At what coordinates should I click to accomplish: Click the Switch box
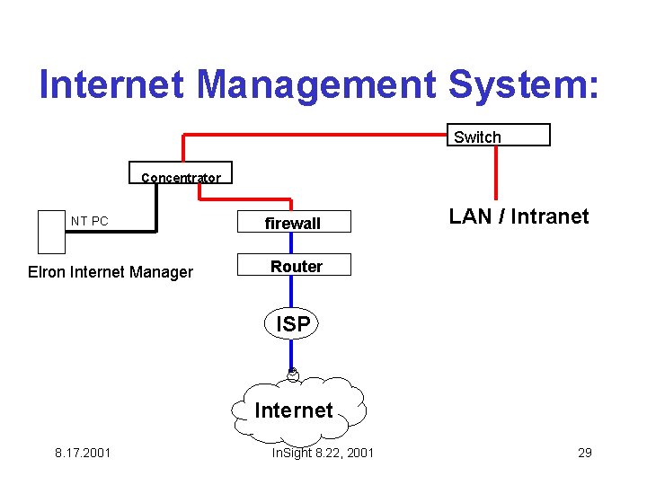[x=499, y=135]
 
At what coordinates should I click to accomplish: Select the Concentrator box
[x=181, y=174]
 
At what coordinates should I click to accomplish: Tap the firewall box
[x=293, y=222]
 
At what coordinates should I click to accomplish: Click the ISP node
[x=293, y=324]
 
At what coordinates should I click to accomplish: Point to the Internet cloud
[x=294, y=410]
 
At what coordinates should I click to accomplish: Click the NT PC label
[x=90, y=221]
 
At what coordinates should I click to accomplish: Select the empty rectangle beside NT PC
[x=51, y=232]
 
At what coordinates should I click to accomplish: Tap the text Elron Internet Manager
[x=111, y=272]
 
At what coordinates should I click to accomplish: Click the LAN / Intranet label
[x=518, y=216]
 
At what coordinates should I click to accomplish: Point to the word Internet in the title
[x=113, y=84]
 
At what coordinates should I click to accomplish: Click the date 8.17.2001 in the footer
[x=83, y=453]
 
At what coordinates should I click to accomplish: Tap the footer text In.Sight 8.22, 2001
[x=323, y=453]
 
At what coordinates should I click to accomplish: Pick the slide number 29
[x=584, y=453]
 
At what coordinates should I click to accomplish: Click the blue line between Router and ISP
[x=292, y=292]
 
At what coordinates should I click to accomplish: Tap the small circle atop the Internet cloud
[x=293, y=374]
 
